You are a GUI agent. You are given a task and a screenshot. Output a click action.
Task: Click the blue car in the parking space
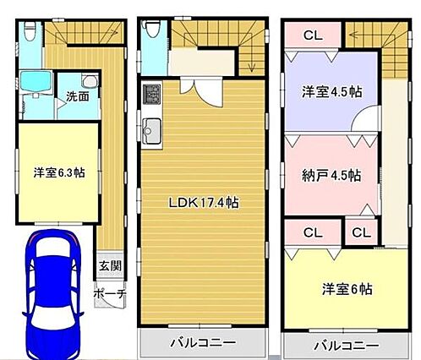(53, 293)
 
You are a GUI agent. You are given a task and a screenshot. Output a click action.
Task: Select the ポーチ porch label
(110, 294)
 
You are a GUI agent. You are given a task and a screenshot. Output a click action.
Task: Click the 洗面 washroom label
(78, 96)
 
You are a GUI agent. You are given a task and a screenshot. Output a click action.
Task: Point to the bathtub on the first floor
(36, 81)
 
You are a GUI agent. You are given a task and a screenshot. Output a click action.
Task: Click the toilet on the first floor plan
(30, 31)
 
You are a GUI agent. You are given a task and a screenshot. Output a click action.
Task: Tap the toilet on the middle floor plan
(153, 28)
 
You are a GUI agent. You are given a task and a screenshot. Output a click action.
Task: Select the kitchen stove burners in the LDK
(152, 94)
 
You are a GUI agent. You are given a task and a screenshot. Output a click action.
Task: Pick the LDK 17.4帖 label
(204, 203)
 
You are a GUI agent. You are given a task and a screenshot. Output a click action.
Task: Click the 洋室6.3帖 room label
(59, 172)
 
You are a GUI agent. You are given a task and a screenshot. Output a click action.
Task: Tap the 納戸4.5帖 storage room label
(331, 175)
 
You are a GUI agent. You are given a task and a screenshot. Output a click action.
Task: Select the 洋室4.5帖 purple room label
(332, 91)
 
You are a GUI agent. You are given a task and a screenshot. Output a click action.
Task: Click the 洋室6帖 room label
(347, 289)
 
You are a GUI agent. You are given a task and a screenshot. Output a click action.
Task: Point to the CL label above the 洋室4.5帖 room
(313, 35)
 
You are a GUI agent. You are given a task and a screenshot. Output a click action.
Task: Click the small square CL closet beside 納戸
(361, 232)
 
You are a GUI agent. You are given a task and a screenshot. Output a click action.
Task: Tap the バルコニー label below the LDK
(203, 342)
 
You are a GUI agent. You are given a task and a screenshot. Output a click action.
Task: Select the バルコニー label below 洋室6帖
(347, 345)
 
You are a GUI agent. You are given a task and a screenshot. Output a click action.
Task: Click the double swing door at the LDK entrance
(201, 91)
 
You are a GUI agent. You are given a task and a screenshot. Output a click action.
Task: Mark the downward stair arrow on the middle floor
(251, 61)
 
